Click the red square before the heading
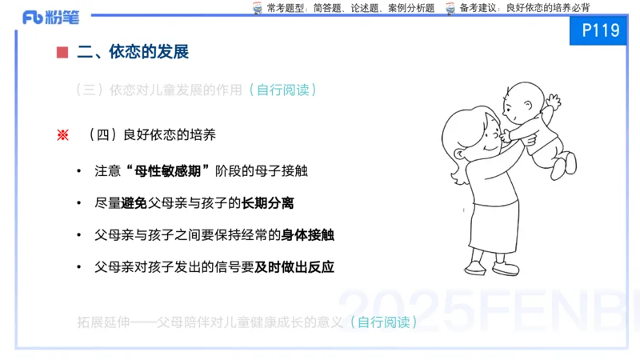62,53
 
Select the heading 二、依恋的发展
133,53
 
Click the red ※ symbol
62,135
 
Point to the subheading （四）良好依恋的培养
151,135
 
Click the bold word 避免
134,203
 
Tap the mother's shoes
489,268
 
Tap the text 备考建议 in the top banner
476,7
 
